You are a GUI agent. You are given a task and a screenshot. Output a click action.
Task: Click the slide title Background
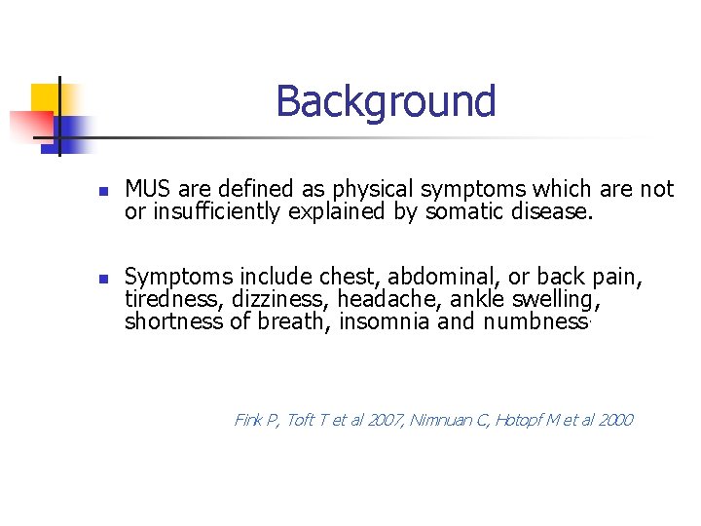pyautogui.click(x=386, y=101)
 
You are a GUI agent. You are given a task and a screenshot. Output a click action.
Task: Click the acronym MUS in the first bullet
pyautogui.click(x=147, y=189)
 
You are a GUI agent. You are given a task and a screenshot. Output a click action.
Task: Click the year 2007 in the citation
pyautogui.click(x=381, y=420)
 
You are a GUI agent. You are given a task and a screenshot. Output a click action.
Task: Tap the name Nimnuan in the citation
pyautogui.click(x=444, y=420)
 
